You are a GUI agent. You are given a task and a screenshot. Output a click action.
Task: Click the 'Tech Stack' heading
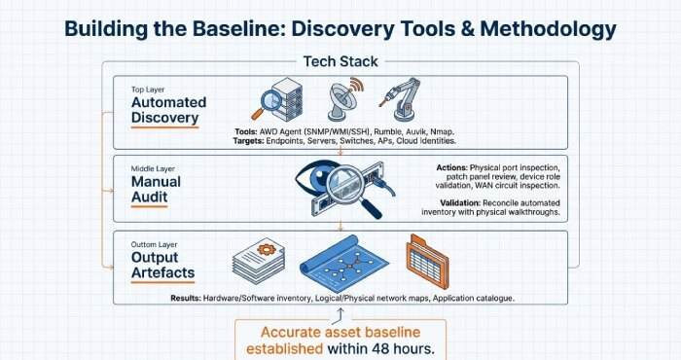(x=340, y=60)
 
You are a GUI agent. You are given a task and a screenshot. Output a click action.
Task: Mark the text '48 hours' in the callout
(x=398, y=347)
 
